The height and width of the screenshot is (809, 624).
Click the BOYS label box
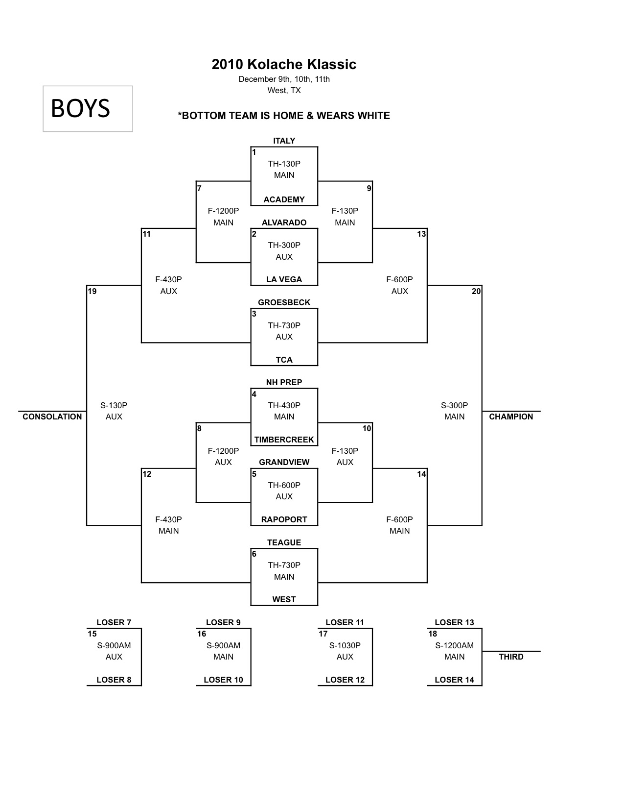click(88, 109)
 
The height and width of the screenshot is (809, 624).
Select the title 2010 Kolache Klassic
click(284, 64)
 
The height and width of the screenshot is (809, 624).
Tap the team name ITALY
click(284, 141)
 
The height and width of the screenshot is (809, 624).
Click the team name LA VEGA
click(284, 279)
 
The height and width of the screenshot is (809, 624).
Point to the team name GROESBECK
click(284, 302)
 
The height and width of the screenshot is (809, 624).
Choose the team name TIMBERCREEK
click(284, 440)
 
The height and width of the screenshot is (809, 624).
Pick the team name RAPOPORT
click(284, 519)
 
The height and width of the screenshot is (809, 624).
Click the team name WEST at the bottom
click(284, 599)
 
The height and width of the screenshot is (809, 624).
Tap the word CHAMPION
click(511, 417)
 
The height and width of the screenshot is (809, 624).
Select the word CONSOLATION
click(52, 417)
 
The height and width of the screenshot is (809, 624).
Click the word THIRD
click(511, 657)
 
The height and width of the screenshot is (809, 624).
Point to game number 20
click(476, 291)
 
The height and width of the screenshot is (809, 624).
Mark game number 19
click(92, 291)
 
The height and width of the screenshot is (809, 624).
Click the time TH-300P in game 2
click(284, 245)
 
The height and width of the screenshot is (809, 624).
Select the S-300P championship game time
click(454, 405)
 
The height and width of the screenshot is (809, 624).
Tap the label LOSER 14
click(454, 680)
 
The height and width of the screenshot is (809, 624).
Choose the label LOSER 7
click(114, 622)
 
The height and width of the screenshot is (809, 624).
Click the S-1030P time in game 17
click(345, 645)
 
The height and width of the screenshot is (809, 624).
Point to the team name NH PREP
click(284, 382)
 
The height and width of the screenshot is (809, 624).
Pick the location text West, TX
click(284, 90)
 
